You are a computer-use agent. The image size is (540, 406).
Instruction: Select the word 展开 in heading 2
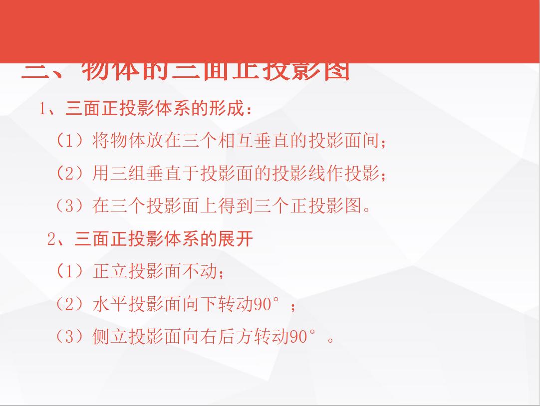click(x=236, y=239)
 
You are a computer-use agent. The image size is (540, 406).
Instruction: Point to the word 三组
click(x=128, y=174)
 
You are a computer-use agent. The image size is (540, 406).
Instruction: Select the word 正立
click(x=110, y=272)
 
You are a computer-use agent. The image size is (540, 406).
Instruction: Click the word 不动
click(x=201, y=272)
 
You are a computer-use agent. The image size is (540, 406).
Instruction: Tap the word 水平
click(x=110, y=304)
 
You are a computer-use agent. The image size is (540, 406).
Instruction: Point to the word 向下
click(x=201, y=304)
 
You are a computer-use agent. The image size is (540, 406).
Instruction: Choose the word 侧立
click(x=110, y=337)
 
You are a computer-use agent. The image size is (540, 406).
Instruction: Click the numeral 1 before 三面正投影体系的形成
click(x=43, y=109)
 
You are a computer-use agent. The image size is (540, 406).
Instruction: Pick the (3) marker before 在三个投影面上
click(x=69, y=206)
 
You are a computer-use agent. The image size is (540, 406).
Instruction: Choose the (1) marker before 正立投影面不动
click(x=69, y=272)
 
